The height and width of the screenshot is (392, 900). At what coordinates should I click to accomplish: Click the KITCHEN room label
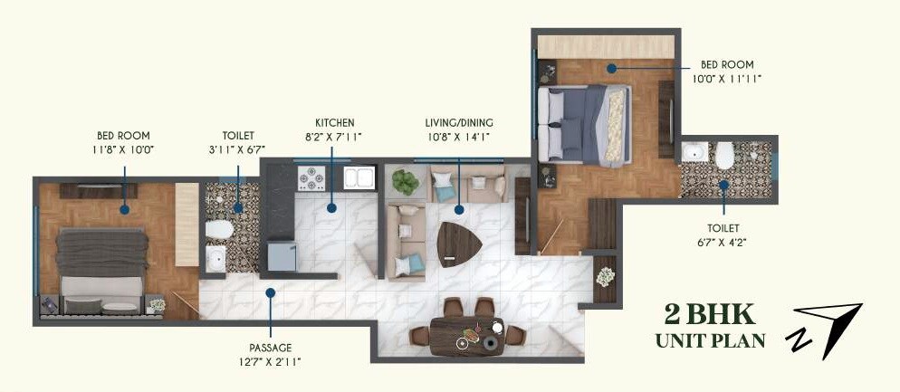[x=334, y=123]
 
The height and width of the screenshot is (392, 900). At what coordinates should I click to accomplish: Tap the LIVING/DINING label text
[x=459, y=123]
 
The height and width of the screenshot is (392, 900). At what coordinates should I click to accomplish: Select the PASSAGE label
[x=270, y=347]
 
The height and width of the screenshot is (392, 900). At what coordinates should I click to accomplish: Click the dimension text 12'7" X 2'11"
[x=270, y=362]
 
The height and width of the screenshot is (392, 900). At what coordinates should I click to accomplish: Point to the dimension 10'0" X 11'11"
[x=726, y=79]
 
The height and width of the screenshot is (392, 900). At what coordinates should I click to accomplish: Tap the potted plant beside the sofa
[x=404, y=181]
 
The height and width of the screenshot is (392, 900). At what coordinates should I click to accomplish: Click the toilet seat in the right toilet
[x=723, y=158]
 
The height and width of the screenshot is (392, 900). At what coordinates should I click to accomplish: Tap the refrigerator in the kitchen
[x=282, y=258]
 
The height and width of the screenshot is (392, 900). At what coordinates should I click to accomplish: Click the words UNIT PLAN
[x=710, y=340]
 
